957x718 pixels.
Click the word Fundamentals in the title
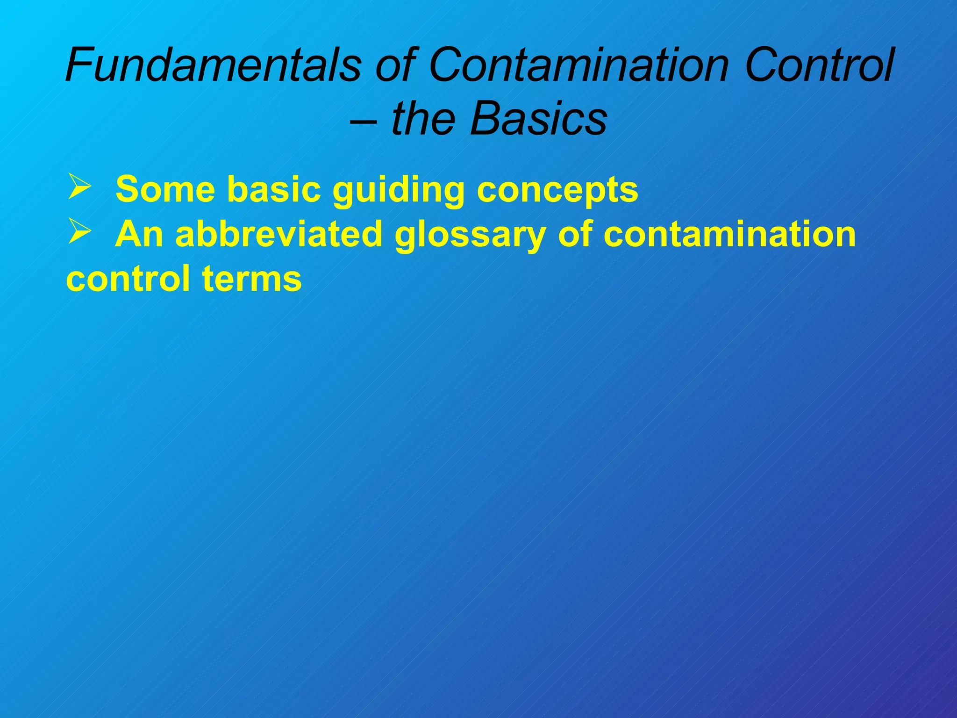(213, 65)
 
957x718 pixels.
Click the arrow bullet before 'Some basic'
(79, 187)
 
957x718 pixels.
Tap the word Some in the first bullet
(165, 189)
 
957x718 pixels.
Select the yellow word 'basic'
(274, 189)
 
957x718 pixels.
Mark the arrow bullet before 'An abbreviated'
(79, 232)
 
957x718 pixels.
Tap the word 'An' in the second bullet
(139, 234)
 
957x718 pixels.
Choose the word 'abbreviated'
(279, 234)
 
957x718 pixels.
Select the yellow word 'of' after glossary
(575, 234)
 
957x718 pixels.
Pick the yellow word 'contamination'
(729, 234)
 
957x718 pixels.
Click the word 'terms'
(252, 279)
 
